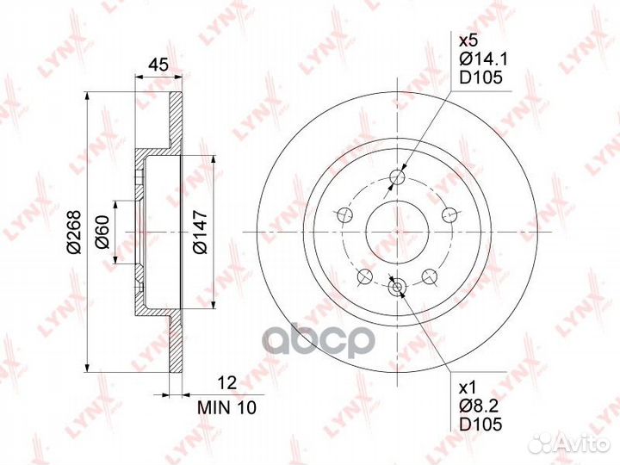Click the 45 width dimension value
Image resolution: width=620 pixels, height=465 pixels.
(x=158, y=65)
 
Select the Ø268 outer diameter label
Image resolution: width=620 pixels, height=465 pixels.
(x=74, y=232)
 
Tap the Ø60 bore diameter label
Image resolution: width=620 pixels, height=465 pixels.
(x=102, y=232)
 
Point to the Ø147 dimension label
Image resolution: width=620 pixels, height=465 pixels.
(x=200, y=232)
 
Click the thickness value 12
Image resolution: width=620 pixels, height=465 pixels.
(x=227, y=382)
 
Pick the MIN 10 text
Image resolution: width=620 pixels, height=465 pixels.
(x=227, y=407)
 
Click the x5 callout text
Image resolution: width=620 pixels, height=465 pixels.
(x=468, y=40)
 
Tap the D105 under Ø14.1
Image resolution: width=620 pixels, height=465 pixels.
(x=480, y=77)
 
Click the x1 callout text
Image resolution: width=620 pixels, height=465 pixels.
(x=468, y=387)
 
